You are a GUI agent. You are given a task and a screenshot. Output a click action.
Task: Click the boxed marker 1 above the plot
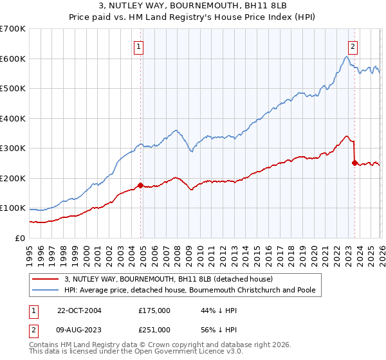click(x=140, y=46)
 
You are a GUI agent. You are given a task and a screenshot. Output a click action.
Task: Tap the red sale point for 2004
click(x=140, y=186)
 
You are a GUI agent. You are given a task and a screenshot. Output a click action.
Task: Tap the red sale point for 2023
click(x=354, y=163)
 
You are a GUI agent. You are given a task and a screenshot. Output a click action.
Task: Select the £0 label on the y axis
click(x=19, y=239)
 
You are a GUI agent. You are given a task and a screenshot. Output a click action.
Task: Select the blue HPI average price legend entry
click(x=190, y=291)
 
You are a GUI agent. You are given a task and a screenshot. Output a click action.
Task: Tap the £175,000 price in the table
click(x=154, y=310)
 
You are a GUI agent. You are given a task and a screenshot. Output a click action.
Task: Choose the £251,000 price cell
click(x=154, y=329)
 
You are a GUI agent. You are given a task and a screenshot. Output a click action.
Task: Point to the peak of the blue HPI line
click(x=346, y=57)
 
